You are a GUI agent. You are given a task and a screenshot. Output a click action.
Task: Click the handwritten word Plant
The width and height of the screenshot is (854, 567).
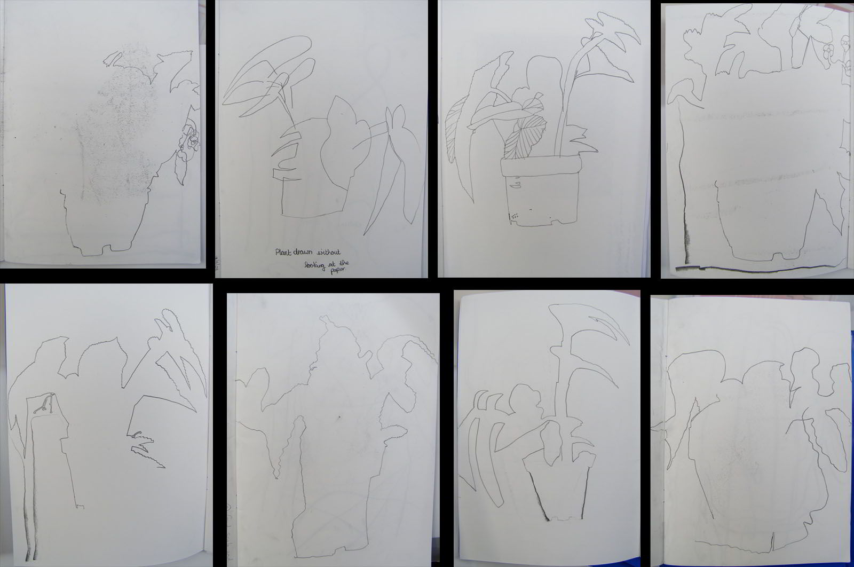tap(283, 252)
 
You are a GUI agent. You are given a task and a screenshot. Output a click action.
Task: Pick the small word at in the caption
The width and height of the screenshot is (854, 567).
tap(331, 264)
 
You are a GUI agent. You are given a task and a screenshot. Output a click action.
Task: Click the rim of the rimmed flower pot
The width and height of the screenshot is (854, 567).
tap(541, 167)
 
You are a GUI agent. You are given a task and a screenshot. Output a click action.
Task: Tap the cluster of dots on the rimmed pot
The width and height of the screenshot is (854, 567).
tap(515, 216)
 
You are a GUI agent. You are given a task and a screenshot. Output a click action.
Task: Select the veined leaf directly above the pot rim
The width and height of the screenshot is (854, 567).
tap(525, 137)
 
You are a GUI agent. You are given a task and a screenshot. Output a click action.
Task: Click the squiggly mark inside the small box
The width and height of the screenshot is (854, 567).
tap(43, 405)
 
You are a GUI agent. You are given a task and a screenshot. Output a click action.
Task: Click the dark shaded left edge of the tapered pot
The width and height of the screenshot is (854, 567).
tap(539, 495)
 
